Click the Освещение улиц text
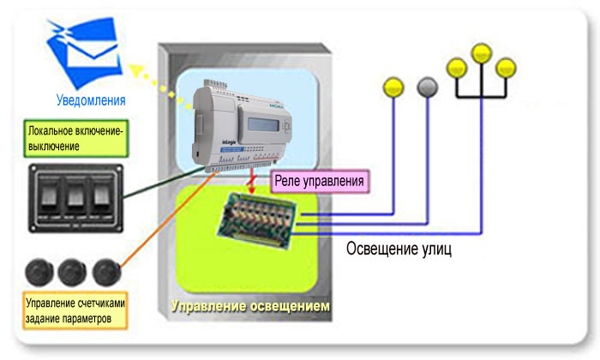(399, 249)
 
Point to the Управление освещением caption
(249, 306)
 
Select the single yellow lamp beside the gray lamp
(393, 86)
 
